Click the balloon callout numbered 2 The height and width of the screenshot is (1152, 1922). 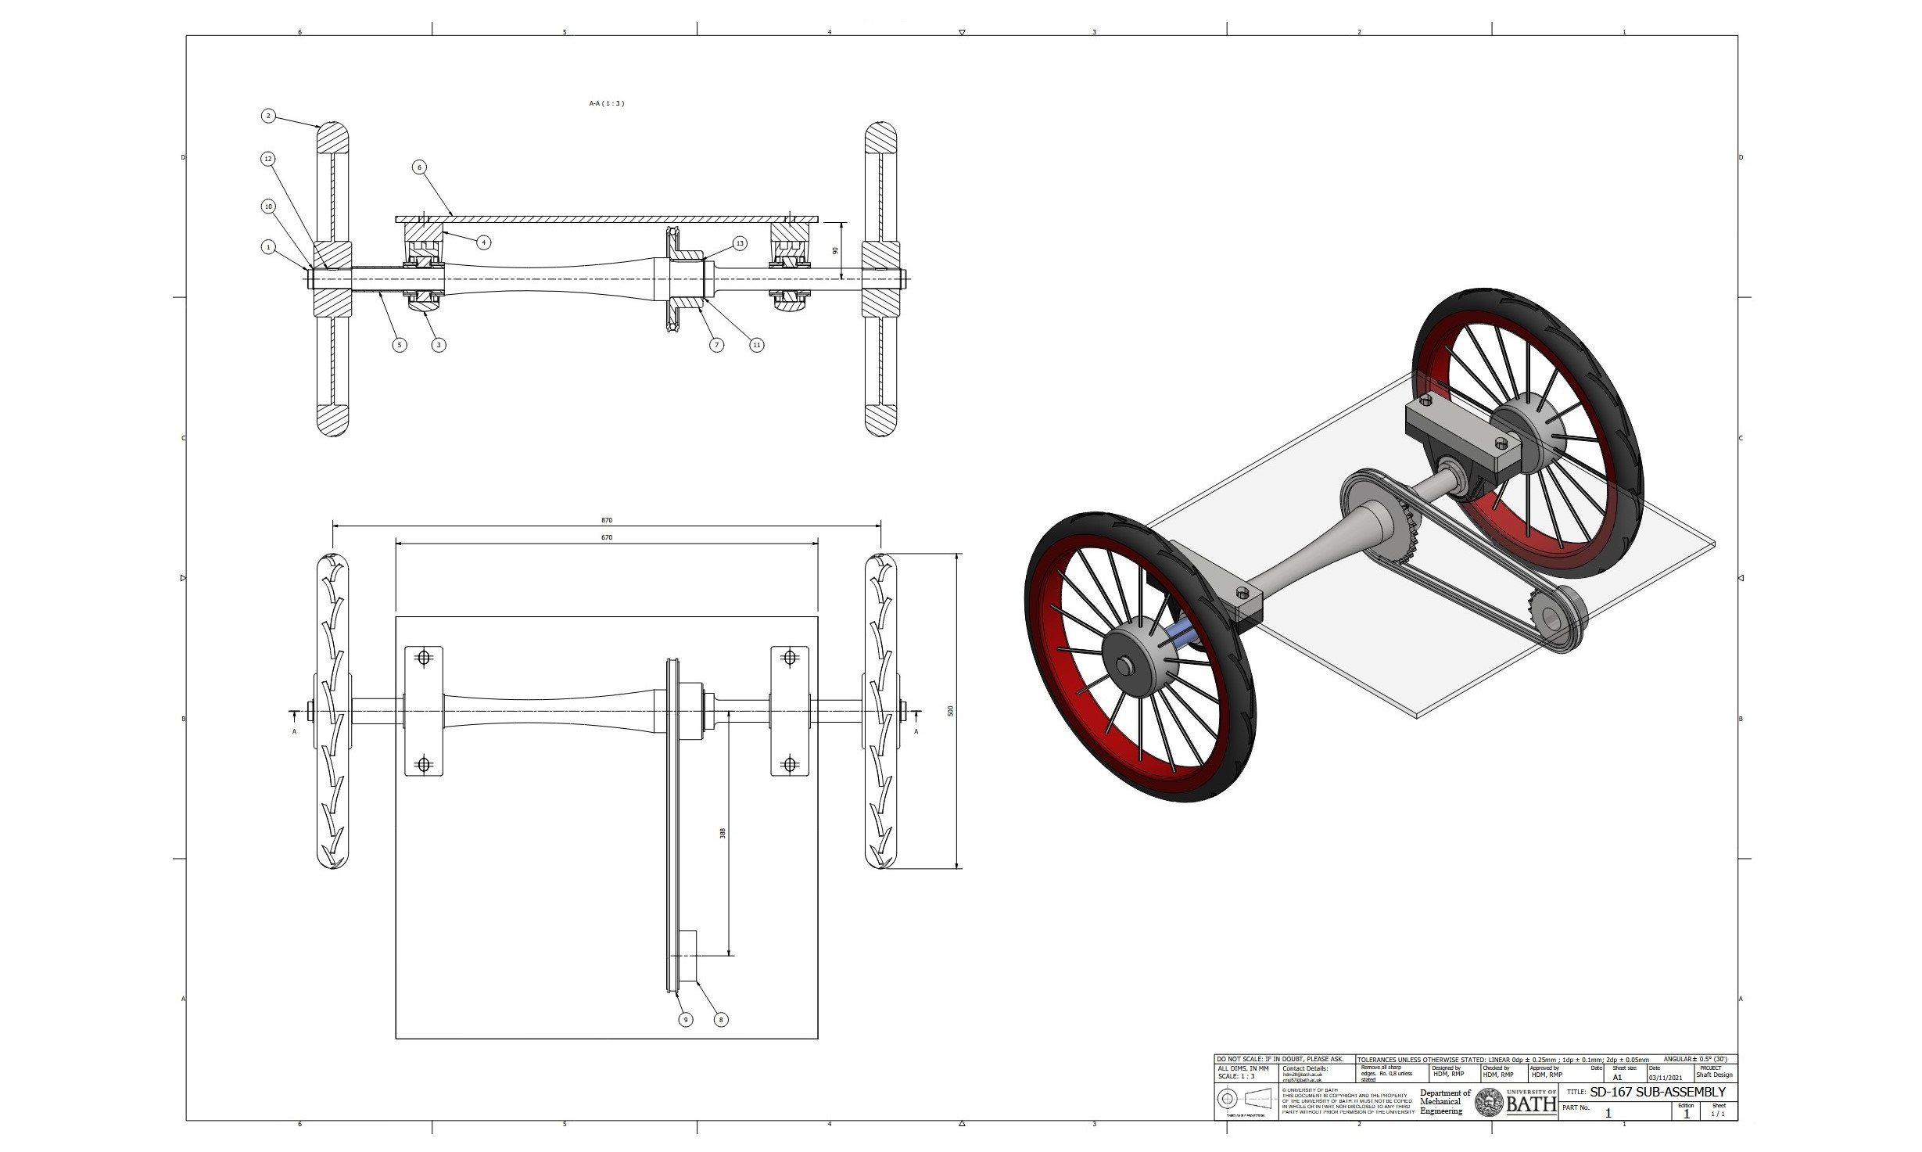coord(268,116)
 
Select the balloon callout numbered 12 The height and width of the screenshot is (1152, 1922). coord(268,159)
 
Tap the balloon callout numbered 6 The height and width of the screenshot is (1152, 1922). coord(419,167)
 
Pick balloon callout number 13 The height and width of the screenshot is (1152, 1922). coord(740,243)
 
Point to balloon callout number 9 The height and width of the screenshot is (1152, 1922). coord(686,1019)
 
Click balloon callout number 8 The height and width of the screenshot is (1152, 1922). coord(721,1019)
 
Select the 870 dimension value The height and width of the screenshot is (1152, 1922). coord(607,520)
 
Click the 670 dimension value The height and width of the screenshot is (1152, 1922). coord(607,537)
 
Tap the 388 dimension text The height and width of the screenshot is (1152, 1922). coord(723,834)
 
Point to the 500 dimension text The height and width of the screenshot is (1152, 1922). coord(951,711)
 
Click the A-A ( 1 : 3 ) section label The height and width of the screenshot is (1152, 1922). coord(607,103)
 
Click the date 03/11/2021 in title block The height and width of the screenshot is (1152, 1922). coord(1665,1077)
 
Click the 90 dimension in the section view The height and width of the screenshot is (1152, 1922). coord(835,251)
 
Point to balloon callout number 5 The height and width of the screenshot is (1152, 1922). coord(400,344)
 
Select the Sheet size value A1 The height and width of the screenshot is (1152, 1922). coord(1618,1077)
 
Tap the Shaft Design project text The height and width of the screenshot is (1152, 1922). coord(1713,1075)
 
